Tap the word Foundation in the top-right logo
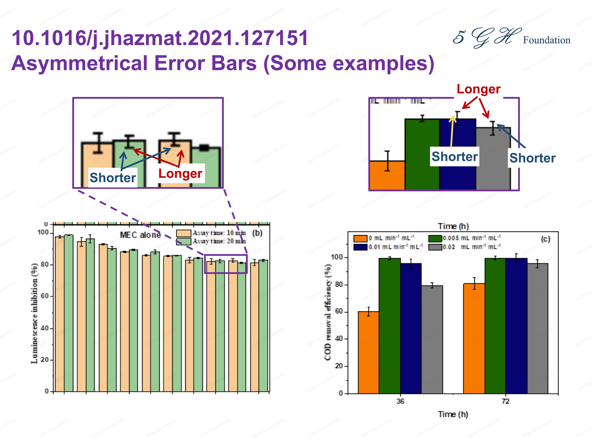pos(546,40)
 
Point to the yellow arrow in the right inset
pos(452,131)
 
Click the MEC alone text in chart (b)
pos(140,235)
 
